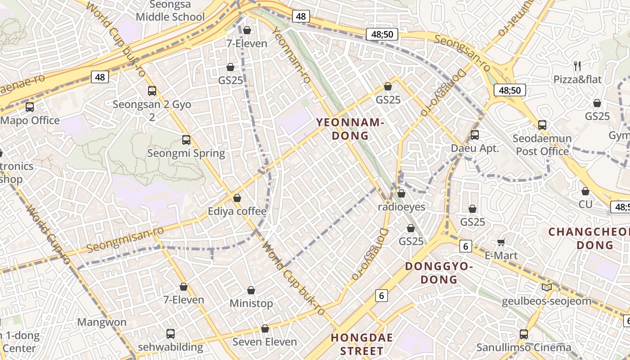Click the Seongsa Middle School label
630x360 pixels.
pyautogui.click(x=170, y=11)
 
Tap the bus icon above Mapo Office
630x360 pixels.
pyautogui.click(x=30, y=107)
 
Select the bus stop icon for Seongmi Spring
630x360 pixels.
pyautogui.click(x=186, y=140)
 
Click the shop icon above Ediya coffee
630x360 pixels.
pyautogui.click(x=237, y=198)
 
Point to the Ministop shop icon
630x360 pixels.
pyautogui.click(x=251, y=290)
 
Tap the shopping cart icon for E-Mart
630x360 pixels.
pyautogui.click(x=501, y=243)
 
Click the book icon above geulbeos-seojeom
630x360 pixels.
pyautogui.click(x=547, y=287)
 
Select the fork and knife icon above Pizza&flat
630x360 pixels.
pyautogui.click(x=577, y=67)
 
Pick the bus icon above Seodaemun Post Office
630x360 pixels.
pyautogui.click(x=542, y=125)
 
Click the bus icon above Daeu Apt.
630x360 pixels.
pyautogui.click(x=475, y=135)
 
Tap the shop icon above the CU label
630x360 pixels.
pyautogui.click(x=585, y=191)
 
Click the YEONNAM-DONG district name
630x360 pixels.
pyautogui.click(x=350, y=129)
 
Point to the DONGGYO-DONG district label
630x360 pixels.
pyautogui.click(x=439, y=273)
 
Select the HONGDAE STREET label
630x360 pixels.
pyautogui.click(x=362, y=344)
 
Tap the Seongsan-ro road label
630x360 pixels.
pyautogui.click(x=462, y=52)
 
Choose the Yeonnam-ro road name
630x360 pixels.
pyautogui.click(x=292, y=55)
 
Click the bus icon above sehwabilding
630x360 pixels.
pyautogui.click(x=171, y=334)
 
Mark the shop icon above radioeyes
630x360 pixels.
pyautogui.click(x=401, y=193)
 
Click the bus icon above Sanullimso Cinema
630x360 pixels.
pyautogui.click(x=524, y=334)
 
